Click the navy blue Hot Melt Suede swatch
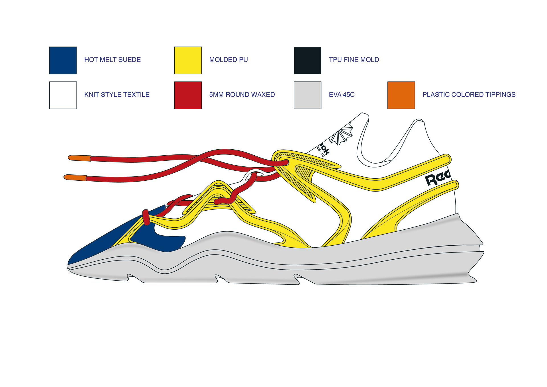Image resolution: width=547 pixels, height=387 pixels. pos(63,60)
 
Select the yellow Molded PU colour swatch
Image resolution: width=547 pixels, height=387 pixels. pos(188,60)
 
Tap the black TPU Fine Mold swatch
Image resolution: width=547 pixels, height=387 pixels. pos(307,60)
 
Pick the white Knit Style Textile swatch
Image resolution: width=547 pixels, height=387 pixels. pos(63,95)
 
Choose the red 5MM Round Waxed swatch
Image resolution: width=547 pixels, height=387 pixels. pos(188,95)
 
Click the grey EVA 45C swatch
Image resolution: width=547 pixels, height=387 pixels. pos(307,95)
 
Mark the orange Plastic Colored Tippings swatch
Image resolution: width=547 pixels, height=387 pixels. pos(401,95)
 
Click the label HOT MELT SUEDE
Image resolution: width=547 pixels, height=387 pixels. pos(113,60)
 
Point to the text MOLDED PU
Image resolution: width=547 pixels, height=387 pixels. pos(228,60)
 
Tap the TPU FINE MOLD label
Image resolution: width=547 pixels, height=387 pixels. pos(354,60)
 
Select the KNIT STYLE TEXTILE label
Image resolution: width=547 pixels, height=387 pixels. pos(117,95)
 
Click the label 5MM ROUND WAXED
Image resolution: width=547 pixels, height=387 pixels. pos(242,95)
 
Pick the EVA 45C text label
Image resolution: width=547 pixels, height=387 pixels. pos(342,95)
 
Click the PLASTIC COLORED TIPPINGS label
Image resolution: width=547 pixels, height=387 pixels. pos(469,95)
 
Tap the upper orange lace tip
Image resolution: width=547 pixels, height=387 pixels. pos(80,158)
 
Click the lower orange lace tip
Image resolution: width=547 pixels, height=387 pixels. pos(75,178)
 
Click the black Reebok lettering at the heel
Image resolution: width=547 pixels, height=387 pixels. pos(437,178)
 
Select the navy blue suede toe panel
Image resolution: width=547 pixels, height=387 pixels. pos(108,239)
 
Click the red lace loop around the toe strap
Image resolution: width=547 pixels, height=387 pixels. pos(146,217)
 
